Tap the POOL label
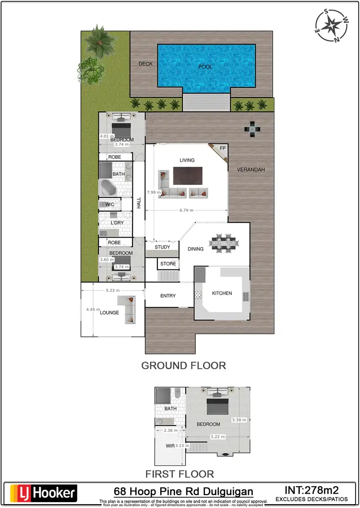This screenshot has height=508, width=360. [x=205, y=67]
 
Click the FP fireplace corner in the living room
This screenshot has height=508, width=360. [x=222, y=149]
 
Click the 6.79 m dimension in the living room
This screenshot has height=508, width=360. [x=186, y=210]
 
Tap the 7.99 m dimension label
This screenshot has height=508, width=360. [x=154, y=192]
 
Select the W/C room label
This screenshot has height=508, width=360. [x=109, y=205]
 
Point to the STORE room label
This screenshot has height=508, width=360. [x=168, y=264]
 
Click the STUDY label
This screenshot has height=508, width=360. [x=162, y=247]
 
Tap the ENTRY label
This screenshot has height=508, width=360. [x=168, y=296]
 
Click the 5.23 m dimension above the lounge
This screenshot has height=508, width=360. [x=112, y=290]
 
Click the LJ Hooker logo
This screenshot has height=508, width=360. [x=43, y=492]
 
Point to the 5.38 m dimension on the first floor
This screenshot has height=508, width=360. [x=239, y=420]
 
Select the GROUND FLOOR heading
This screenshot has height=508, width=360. [x=183, y=365]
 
